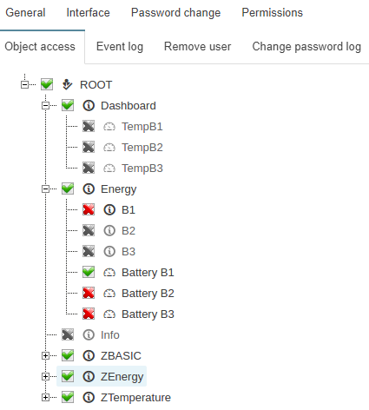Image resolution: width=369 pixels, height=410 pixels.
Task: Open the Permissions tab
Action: coord(272,13)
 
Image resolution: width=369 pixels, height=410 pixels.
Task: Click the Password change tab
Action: coord(175,13)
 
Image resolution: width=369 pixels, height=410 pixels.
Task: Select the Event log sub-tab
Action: coord(120,47)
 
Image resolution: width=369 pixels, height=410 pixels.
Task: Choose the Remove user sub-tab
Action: coord(197,47)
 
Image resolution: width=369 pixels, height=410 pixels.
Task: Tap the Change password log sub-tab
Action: coord(306,47)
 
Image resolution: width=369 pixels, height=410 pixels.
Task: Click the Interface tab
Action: coord(88,13)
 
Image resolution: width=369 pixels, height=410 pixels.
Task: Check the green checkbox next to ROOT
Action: coord(47,84)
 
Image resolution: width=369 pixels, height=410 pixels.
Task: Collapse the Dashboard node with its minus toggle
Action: coord(45,106)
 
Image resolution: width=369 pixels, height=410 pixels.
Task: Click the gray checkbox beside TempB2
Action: coord(89,147)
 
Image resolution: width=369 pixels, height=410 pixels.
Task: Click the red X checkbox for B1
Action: coord(89,209)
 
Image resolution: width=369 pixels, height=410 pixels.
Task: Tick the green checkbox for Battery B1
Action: coord(89,272)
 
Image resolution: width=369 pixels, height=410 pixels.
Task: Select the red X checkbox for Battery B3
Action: coord(89,314)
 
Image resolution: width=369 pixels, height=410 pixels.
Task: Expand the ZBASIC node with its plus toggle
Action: coord(45,355)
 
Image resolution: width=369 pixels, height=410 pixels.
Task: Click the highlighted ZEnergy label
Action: coord(122,377)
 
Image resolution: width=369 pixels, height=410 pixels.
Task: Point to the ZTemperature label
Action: coord(135,398)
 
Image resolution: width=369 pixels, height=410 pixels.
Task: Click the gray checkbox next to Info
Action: coord(68,334)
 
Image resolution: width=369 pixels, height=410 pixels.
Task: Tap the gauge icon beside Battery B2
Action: coord(109,294)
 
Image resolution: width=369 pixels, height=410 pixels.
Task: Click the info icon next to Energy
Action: coord(89,189)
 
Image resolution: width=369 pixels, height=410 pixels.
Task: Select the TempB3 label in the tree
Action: coord(142,169)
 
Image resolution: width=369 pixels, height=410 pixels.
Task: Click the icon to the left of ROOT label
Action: coord(67,84)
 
